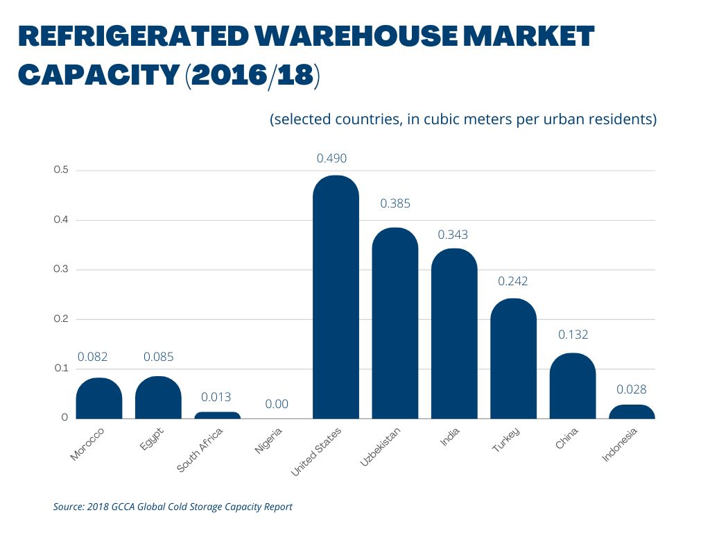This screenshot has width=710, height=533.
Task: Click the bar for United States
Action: click(x=336, y=298)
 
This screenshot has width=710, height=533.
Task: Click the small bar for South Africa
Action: click(x=217, y=415)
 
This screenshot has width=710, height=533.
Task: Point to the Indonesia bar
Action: click(x=632, y=412)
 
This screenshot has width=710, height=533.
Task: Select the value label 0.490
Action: click(x=331, y=158)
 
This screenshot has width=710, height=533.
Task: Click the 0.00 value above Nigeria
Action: click(x=277, y=404)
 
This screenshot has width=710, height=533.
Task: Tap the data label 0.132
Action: click(x=573, y=335)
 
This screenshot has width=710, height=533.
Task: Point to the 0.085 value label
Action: click(x=158, y=357)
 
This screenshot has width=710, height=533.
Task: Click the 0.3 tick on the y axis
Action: click(x=61, y=269)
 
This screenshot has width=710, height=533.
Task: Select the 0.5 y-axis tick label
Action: click(x=61, y=170)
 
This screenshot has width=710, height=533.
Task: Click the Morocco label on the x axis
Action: click(x=88, y=444)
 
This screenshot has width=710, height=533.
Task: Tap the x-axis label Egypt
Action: click(x=152, y=440)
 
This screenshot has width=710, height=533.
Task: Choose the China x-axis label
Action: click(x=566, y=439)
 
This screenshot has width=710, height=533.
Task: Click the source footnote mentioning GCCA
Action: click(x=173, y=507)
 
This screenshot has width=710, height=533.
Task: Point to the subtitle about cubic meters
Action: click(x=462, y=119)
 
